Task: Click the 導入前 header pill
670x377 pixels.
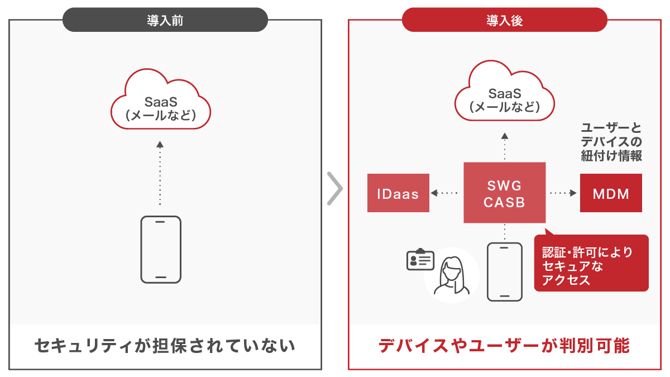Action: point(165,20)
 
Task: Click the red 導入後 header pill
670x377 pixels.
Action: point(505,20)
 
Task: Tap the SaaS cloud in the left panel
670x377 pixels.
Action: point(161,99)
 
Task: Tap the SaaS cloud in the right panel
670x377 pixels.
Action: point(505,91)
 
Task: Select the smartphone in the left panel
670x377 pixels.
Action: point(161,250)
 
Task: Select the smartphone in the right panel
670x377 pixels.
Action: point(505,272)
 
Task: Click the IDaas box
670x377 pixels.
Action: point(398,193)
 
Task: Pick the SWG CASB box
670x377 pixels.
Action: point(505,193)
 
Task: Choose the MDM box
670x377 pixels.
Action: point(611,193)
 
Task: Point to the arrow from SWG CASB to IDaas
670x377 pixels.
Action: point(444,193)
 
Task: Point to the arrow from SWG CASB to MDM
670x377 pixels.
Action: point(563,193)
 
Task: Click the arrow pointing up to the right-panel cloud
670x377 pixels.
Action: point(505,146)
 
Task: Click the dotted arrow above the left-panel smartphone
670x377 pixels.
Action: point(160,173)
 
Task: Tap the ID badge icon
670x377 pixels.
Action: point(420,259)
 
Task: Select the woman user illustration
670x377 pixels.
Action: point(452,275)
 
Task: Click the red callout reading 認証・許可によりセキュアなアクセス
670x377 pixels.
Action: point(591,263)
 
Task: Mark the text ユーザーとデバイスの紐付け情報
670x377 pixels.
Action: point(611,142)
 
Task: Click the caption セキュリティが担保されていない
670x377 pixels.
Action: point(165,346)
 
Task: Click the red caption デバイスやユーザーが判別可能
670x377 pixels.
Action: point(504,346)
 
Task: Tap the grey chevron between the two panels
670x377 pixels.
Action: point(335,189)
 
